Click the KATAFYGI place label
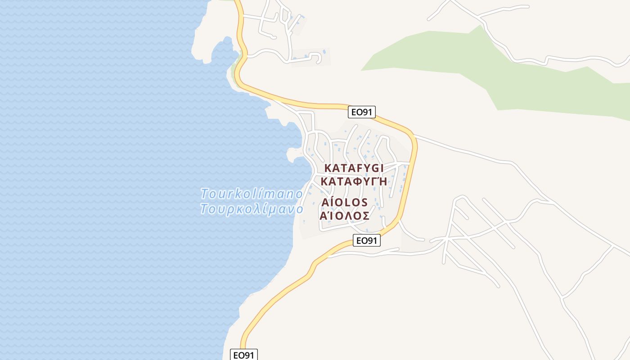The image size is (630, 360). coord(354,168)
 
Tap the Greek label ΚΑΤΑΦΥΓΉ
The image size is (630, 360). coord(354,181)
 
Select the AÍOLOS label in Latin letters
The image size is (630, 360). coord(345,202)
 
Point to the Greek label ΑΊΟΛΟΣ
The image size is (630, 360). coord(345,216)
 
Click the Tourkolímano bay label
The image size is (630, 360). coord(252,194)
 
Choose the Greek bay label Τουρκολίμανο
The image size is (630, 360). coord(252,209)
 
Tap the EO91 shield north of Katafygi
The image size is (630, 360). coord(362,112)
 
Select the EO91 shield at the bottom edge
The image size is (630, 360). coord(244,355)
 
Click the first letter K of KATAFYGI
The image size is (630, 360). coord(328,168)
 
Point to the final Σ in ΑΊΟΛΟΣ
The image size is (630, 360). coord(366,216)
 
